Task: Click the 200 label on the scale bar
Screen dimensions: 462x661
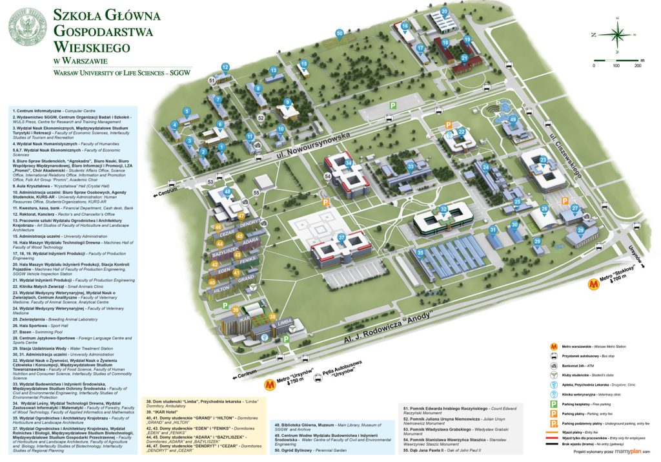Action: coord(638,66)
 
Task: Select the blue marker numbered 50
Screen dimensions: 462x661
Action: coord(340,34)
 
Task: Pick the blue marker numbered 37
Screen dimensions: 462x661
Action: coord(341,238)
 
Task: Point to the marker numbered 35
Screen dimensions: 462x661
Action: coord(420,253)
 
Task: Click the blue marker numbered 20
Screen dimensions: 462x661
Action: coord(444,12)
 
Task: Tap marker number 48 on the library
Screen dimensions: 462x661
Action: coord(227,192)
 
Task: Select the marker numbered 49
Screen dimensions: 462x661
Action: coord(513,120)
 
